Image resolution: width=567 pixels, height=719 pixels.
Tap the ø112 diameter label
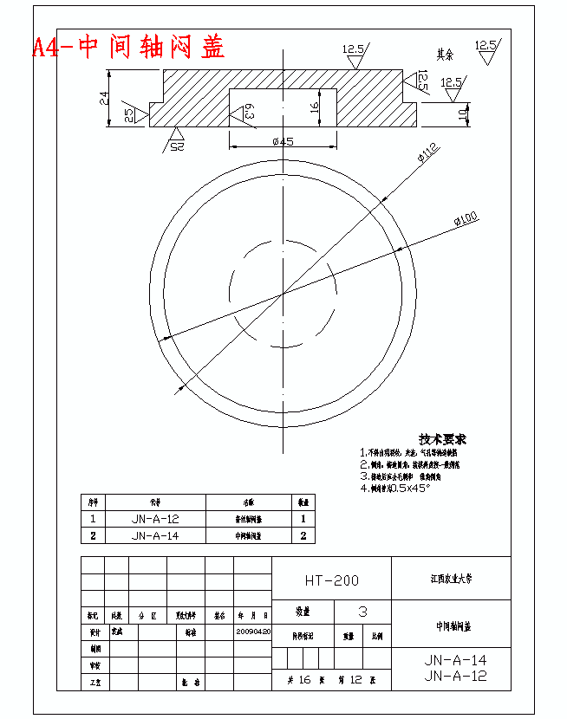point(428,154)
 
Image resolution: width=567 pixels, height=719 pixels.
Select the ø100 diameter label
point(466,220)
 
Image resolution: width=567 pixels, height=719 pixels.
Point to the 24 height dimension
point(105,98)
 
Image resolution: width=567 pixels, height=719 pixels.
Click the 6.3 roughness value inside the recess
point(249,110)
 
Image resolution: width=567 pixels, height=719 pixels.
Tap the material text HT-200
point(331,580)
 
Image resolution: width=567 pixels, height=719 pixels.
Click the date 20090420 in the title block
point(253,632)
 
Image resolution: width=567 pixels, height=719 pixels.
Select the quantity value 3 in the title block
point(362,612)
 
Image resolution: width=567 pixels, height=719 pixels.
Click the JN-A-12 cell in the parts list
point(155,519)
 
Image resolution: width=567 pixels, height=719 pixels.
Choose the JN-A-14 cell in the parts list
point(155,535)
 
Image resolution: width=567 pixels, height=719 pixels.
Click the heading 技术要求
point(442,439)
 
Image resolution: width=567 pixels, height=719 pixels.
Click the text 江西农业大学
point(451,578)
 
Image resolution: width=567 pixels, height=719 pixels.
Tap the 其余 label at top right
point(444,54)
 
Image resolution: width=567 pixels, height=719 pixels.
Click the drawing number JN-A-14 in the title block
point(455,660)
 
